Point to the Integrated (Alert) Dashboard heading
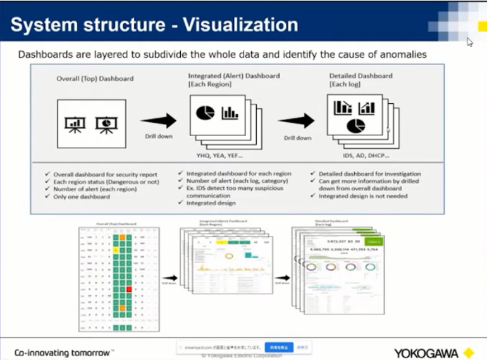[233, 75]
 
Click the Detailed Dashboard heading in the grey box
[361, 75]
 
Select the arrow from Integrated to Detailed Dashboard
[296, 121]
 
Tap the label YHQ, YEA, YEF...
[219, 155]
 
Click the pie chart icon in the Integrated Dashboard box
[205, 113]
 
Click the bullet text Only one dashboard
[83, 197]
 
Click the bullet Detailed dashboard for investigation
[369, 173]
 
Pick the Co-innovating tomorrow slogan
[64, 352]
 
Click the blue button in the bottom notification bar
[278, 347]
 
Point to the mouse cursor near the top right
[469, 42]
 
